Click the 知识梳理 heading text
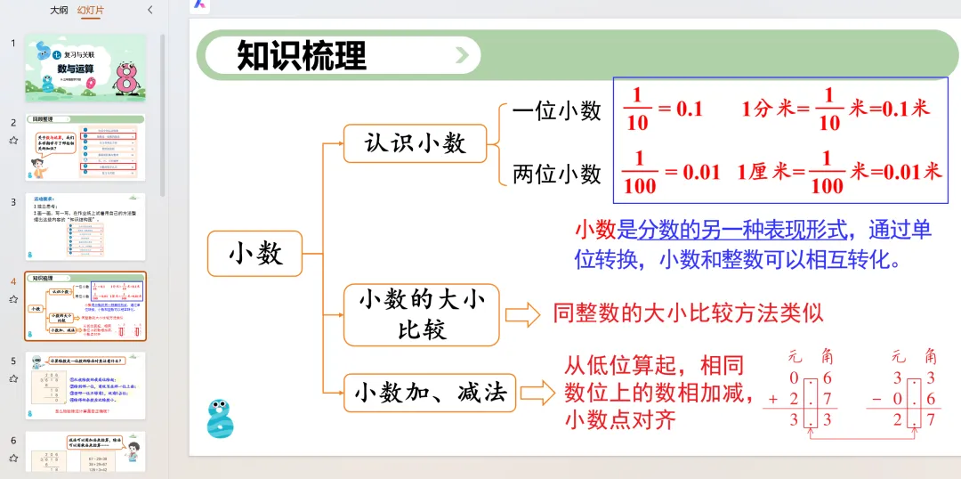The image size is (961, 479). [x=302, y=55]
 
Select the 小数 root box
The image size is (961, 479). [x=254, y=254]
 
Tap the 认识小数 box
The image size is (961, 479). [x=415, y=142]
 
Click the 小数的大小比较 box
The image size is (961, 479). [x=421, y=315]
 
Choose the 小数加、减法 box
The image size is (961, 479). [x=430, y=393]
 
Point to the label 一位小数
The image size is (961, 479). [x=557, y=110]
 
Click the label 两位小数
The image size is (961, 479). [x=557, y=174]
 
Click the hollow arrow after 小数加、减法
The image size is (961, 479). [x=537, y=393]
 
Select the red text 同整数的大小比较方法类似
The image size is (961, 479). [x=688, y=313]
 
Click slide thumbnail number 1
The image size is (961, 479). [x=85, y=68]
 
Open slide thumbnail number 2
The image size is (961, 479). [x=85, y=148]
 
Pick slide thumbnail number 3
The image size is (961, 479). [x=85, y=227]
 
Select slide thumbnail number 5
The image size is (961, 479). [x=85, y=386]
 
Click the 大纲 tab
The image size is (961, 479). [x=59, y=10]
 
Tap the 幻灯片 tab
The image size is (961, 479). [x=91, y=10]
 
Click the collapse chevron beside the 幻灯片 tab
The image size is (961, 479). [x=149, y=10]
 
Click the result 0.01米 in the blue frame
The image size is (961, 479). [x=906, y=171]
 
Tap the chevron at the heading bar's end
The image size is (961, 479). [x=462, y=55]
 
